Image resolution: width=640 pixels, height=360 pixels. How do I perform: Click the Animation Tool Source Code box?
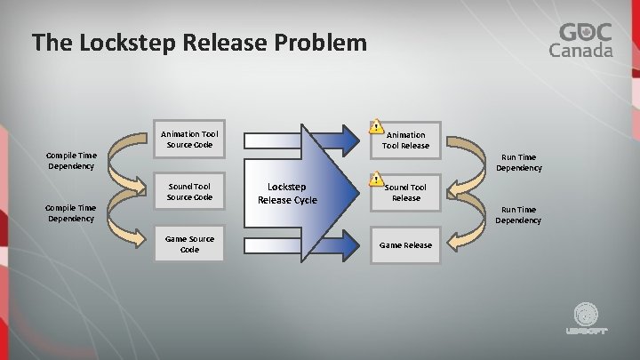tap(188, 140)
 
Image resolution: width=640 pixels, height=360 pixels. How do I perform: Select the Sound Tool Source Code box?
tap(188, 191)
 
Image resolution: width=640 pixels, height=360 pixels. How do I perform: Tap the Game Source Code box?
tap(188, 244)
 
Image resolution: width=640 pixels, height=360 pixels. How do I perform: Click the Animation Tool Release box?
tap(405, 140)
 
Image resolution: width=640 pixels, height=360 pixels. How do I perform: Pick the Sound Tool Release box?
tap(405, 192)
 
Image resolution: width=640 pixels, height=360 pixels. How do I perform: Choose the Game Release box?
tap(405, 245)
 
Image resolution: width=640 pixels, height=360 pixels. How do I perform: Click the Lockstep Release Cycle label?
tap(287, 193)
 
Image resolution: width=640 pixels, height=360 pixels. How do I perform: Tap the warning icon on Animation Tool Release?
tap(376, 127)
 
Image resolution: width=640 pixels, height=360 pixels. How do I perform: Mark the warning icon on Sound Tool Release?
tap(376, 180)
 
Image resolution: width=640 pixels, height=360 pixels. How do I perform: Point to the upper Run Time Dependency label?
tap(518, 162)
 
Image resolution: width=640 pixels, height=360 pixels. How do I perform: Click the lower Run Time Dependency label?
tap(518, 214)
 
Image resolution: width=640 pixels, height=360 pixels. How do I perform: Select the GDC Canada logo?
tap(585, 40)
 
